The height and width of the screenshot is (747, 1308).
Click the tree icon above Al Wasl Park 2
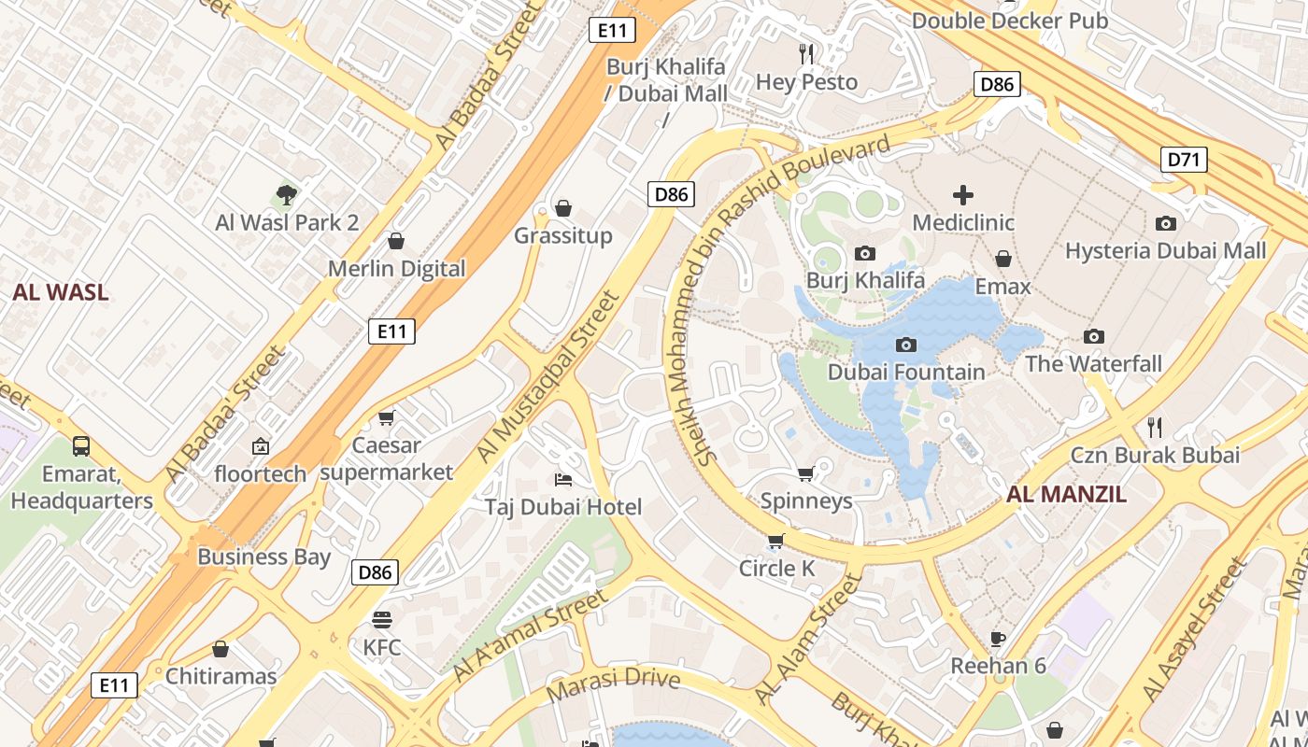(x=287, y=195)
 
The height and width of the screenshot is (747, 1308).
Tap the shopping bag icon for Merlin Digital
(x=396, y=242)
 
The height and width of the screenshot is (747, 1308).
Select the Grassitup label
(x=562, y=235)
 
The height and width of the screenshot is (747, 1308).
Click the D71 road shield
(x=1184, y=160)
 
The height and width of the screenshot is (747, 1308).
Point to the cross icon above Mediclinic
(x=962, y=195)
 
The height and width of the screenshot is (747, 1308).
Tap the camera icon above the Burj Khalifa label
(x=865, y=253)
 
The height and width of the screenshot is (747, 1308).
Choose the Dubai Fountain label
(x=906, y=372)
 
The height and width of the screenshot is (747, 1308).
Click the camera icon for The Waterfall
(x=1093, y=336)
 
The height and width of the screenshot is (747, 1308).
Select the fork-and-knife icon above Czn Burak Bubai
(x=1155, y=428)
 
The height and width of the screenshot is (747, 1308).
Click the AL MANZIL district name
(x=1066, y=494)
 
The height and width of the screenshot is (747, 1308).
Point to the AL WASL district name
(x=61, y=291)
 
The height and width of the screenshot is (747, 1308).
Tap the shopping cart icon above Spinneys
(x=805, y=473)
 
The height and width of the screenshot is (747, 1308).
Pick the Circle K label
(x=776, y=568)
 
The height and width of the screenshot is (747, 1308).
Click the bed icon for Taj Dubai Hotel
(x=562, y=480)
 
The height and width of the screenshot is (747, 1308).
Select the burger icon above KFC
(x=381, y=620)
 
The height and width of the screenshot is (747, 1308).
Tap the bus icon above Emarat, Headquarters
(x=81, y=446)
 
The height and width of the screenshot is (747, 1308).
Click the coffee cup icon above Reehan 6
(x=998, y=639)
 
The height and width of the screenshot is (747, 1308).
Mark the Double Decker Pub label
(x=1009, y=21)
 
